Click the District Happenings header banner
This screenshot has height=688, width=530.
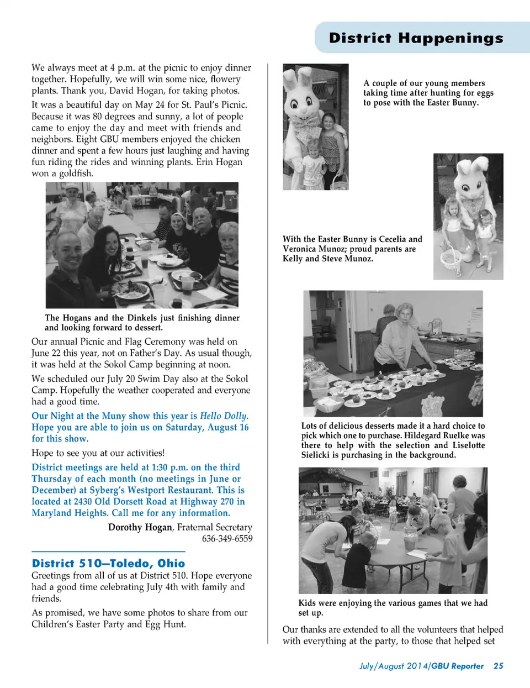pos(416,38)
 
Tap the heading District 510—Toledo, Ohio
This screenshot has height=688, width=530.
pos(108,563)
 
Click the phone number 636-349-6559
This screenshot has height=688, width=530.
pos(227,538)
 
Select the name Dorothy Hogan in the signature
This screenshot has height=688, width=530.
pos(140,527)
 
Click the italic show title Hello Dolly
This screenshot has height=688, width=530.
pos(224,416)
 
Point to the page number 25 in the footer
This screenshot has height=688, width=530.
pos(498,666)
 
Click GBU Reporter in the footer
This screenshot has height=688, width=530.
pos(458,666)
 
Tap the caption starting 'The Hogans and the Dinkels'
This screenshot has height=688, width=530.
pos(142,322)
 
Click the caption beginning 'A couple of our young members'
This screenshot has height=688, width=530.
pos(428,93)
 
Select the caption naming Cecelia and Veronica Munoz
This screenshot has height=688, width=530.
pos(352,249)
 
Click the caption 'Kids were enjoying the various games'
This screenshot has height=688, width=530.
pos(393,607)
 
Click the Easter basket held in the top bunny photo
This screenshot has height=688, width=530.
pos(340,181)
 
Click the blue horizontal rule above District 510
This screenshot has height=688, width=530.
pos(108,552)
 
